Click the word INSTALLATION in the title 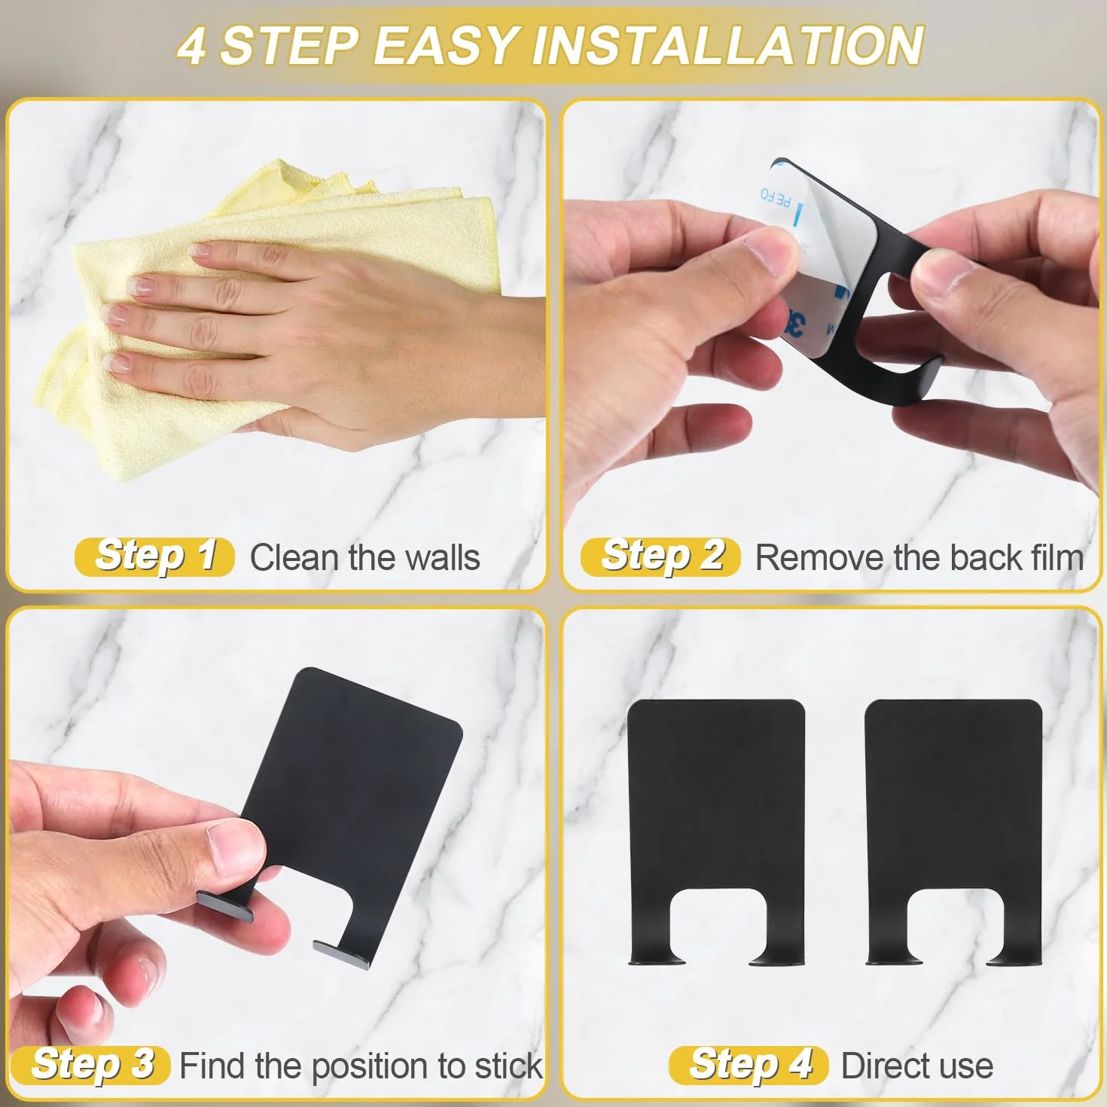[727, 46]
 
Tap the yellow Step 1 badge [154, 557]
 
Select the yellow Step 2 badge [660, 557]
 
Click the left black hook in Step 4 [715, 804]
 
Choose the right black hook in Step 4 [953, 804]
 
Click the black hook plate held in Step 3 [356, 793]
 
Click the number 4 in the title [191, 47]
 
